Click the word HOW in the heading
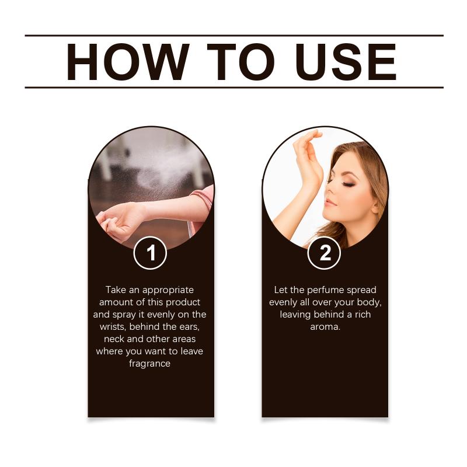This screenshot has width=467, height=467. click(x=128, y=62)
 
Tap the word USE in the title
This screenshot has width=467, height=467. click(x=346, y=62)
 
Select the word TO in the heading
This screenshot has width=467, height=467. click(x=241, y=62)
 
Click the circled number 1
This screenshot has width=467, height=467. click(x=150, y=253)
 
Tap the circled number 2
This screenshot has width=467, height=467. click(x=324, y=253)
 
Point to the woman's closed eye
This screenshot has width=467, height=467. click(x=347, y=184)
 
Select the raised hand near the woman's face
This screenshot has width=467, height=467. click(x=308, y=158)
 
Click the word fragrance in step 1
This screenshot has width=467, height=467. click(x=150, y=364)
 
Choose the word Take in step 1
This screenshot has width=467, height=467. click(x=116, y=290)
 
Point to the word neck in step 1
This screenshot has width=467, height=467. click(x=114, y=339)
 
